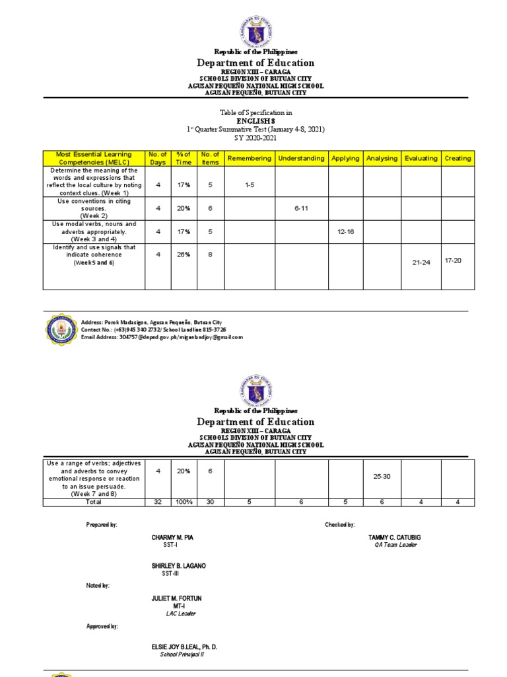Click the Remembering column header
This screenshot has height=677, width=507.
(249, 158)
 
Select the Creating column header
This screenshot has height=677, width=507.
(457, 158)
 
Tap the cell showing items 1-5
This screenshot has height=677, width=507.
(249, 185)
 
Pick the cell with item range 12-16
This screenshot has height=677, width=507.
(345, 231)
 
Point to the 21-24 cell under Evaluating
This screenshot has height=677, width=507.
(421, 262)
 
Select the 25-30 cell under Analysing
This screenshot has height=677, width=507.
(382, 476)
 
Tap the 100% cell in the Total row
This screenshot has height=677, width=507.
(183, 502)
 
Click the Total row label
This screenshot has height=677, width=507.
(94, 502)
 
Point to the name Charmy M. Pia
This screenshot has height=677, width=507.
(172, 538)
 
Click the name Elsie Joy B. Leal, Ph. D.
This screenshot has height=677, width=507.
(184, 647)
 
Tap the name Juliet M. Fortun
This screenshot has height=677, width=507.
(176, 598)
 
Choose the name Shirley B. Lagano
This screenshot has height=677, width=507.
(178, 565)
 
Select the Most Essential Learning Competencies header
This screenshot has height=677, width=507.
(94, 158)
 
